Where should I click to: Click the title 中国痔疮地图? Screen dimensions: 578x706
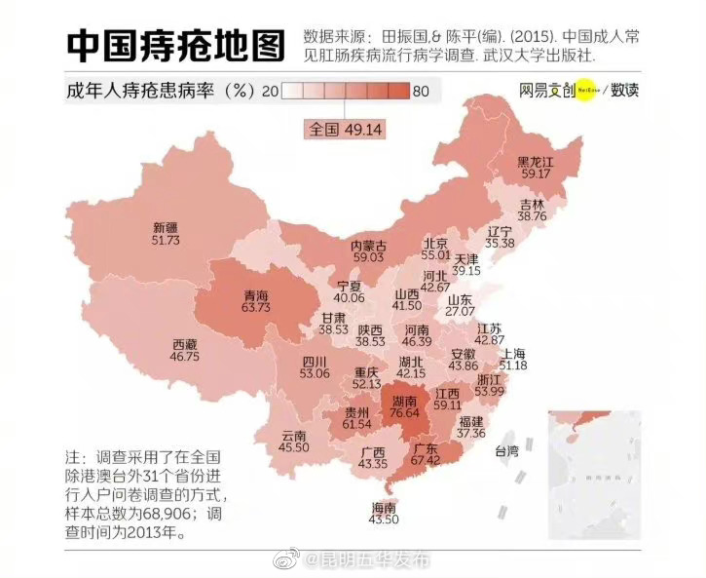176,44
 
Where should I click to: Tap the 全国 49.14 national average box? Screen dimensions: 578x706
347,128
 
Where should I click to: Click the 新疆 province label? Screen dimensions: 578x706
167,226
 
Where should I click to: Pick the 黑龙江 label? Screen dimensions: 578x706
536,161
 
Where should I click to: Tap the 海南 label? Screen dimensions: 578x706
384,508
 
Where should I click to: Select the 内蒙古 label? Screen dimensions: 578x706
368,245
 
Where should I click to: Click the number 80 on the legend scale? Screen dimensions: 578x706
421,92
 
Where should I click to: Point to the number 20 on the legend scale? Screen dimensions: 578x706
272,92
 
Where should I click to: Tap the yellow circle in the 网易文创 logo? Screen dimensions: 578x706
586,90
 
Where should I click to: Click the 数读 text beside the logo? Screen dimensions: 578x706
625,90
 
